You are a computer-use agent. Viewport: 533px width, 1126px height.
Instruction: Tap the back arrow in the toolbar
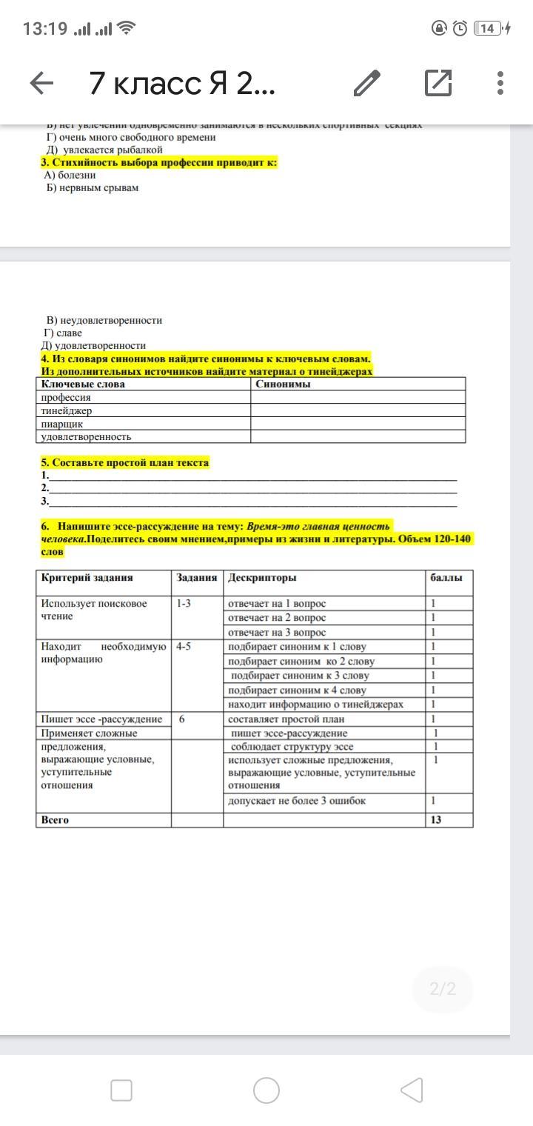(41, 84)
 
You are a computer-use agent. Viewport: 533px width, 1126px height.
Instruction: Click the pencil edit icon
(367, 84)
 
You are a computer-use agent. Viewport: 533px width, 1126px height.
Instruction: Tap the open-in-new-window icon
(438, 83)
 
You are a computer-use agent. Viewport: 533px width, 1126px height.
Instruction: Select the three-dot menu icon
(500, 83)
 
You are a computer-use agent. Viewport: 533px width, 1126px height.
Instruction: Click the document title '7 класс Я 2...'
(182, 84)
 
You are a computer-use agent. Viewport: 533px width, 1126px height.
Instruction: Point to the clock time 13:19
(44, 29)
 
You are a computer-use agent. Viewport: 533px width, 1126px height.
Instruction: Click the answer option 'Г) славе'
(62, 333)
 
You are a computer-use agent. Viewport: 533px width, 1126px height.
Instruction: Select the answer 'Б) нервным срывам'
(92, 187)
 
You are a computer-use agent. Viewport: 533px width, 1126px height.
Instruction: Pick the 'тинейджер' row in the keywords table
(67, 410)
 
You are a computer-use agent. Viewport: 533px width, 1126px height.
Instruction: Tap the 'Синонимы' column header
(283, 384)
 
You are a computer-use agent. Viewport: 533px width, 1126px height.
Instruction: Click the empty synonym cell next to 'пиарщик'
(358, 424)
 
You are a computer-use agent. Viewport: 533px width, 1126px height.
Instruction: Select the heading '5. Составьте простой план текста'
(125, 462)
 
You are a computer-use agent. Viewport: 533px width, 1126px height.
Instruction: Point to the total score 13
(436, 820)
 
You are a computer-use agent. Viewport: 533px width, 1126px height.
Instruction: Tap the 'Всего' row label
(55, 820)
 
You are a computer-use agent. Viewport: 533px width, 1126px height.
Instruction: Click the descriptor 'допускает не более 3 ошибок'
(297, 801)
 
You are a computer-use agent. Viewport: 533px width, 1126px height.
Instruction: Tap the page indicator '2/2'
(443, 989)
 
